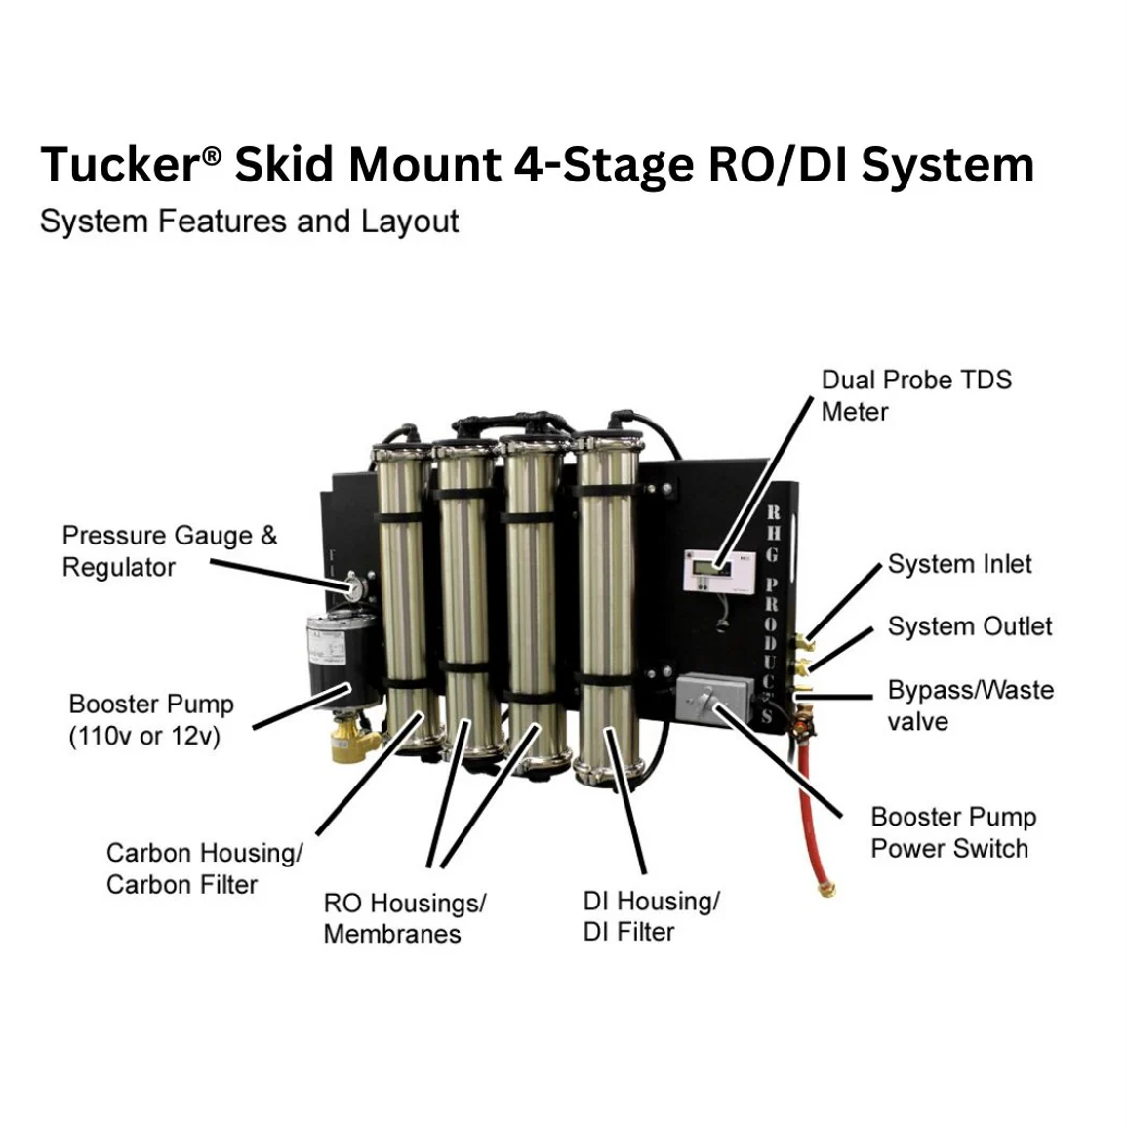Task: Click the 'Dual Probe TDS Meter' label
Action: [x=915, y=395]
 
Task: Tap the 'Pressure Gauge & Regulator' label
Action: [x=169, y=551]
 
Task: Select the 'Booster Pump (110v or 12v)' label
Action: [x=151, y=719]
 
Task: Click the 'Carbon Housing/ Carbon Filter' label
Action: [x=204, y=868]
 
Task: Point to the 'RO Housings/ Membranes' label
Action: [x=404, y=917]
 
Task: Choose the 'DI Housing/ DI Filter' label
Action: [x=651, y=915]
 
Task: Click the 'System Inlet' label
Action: [x=959, y=564]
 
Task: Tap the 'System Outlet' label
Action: [x=970, y=626]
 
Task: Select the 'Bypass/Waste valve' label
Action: [x=970, y=705]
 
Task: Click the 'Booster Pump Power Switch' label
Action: [x=953, y=832]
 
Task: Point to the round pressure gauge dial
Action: [x=351, y=588]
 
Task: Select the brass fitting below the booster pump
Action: [x=351, y=742]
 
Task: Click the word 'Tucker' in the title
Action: [x=120, y=165]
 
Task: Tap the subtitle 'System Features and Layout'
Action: [x=249, y=222]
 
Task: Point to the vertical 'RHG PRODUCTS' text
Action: [x=771, y=615]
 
